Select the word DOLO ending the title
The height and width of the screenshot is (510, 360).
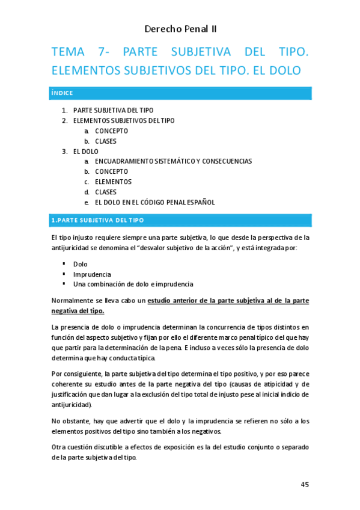tap(281, 70)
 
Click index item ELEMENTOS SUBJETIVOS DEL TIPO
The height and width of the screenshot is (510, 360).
tap(124, 120)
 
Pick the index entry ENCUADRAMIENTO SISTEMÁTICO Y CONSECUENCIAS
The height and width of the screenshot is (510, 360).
tap(173, 161)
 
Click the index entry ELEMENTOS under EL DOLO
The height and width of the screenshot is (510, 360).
tap(113, 182)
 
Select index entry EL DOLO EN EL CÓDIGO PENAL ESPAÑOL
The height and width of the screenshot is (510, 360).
tap(154, 202)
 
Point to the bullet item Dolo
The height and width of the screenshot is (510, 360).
tap(80, 264)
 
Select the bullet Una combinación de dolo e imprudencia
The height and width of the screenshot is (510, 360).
tap(133, 284)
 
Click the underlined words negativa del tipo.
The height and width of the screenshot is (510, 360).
tap(78, 310)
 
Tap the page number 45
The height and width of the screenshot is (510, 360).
tap(305, 485)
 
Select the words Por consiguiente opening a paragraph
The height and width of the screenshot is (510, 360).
tap(76, 373)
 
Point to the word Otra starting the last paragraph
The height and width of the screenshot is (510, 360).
tap(60, 447)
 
